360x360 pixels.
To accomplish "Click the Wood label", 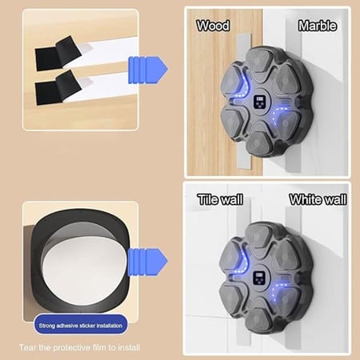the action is (213, 26).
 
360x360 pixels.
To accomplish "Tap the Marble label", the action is (318, 26).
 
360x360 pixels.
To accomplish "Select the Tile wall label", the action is (220, 199).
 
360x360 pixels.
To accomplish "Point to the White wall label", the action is (318, 199).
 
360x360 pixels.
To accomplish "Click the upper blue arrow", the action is (148, 70).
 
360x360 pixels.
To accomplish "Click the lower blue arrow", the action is (148, 262).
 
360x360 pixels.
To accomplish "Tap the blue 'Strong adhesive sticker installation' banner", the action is (81, 325).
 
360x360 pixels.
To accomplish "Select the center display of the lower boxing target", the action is (258, 278).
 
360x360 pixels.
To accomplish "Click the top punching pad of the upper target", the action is (258, 62).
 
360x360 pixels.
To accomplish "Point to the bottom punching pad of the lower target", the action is (258, 318).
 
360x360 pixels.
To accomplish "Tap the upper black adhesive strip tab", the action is (58, 54).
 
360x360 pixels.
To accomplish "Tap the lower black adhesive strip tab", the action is (58, 88).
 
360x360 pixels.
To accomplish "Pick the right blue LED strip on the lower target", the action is (278, 292).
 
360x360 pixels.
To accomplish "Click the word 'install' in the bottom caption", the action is (129, 347).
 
